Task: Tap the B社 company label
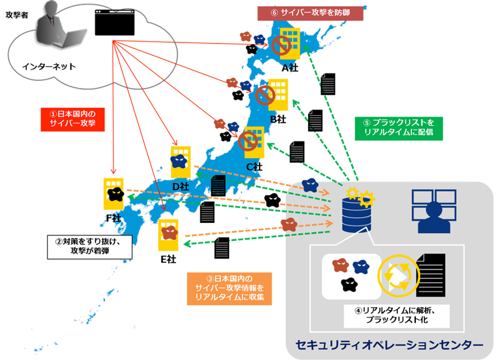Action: pyautogui.click(x=278, y=118)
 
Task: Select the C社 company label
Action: pyautogui.click(x=254, y=167)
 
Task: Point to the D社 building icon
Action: pyautogui.click(x=181, y=162)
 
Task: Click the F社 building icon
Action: pyautogui.click(x=114, y=194)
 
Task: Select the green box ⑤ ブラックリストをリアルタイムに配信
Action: pyautogui.click(x=392, y=128)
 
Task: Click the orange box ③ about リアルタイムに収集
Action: pyautogui.click(x=229, y=288)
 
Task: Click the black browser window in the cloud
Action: pyautogui.click(x=115, y=23)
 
